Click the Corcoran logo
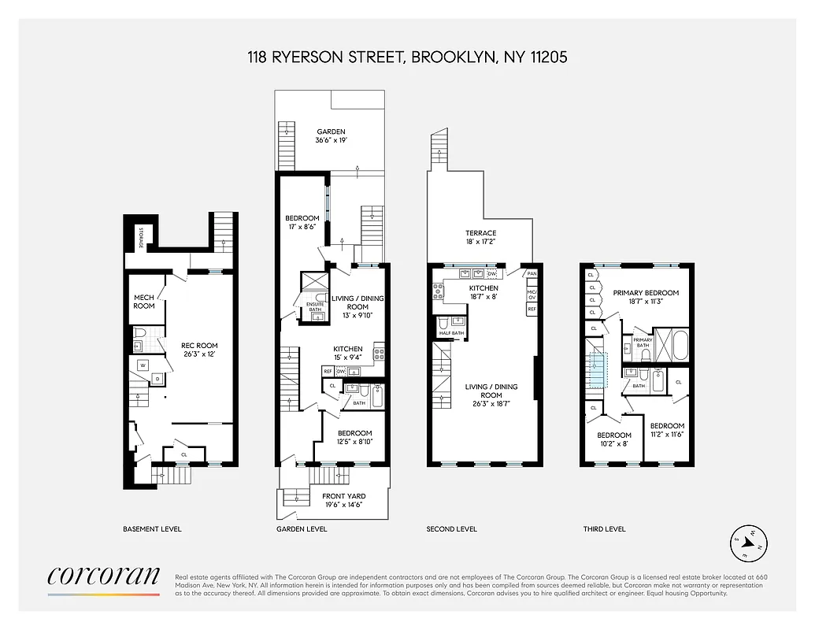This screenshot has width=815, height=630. click(x=104, y=578)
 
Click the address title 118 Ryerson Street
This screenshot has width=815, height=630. click(x=407, y=57)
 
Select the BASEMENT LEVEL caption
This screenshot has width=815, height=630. click(x=152, y=529)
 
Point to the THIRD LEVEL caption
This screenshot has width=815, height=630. click(x=604, y=529)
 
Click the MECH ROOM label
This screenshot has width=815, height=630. click(x=144, y=301)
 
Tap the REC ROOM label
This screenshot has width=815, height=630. click(x=199, y=350)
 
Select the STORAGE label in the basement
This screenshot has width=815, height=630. click(x=141, y=237)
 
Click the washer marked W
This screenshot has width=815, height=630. click(x=143, y=365)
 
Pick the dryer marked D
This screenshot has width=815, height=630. click(x=157, y=380)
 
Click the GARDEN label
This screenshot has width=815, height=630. click(x=331, y=136)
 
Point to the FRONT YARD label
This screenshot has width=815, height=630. click(x=343, y=501)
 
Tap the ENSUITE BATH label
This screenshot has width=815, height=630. click(x=315, y=306)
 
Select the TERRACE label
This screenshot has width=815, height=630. click(x=480, y=238)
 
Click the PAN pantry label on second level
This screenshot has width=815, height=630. click(x=532, y=274)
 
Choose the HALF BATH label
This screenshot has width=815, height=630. click(x=453, y=334)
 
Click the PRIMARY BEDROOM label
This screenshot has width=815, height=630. click(x=646, y=297)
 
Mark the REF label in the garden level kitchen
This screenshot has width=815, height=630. click(x=328, y=371)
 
